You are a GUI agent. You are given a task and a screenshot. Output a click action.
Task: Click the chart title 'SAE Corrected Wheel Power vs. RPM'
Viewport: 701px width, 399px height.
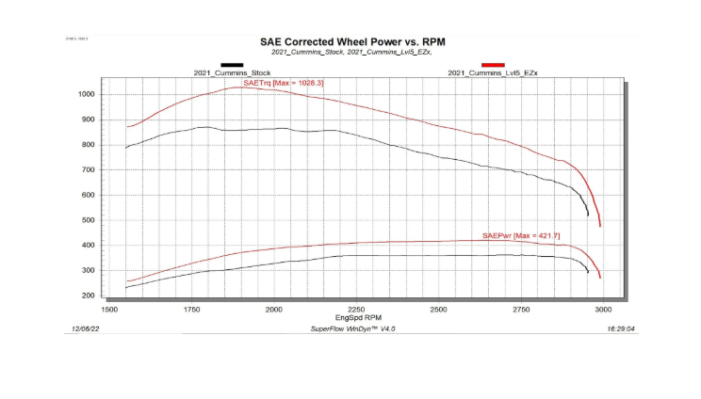point(352,41)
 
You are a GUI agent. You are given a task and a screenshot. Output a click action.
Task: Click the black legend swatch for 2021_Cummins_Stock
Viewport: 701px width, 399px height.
point(232,64)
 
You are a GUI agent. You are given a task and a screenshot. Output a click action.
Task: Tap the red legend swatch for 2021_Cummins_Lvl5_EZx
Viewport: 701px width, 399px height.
point(493,64)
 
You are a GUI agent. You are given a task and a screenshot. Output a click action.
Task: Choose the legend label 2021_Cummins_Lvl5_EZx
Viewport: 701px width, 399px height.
point(493,72)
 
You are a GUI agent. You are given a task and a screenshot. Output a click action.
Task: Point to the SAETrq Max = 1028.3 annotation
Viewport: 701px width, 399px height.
point(283,84)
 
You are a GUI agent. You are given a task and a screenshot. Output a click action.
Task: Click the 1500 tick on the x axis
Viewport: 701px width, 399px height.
point(109,309)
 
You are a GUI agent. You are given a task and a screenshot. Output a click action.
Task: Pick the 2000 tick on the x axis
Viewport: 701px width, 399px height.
point(274,309)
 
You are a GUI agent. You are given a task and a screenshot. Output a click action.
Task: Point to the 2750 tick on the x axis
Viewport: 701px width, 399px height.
point(521,309)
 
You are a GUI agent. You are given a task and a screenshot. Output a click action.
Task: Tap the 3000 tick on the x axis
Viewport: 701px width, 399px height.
point(603,309)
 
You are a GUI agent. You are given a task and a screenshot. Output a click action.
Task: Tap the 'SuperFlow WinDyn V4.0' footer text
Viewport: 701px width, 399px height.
point(353,330)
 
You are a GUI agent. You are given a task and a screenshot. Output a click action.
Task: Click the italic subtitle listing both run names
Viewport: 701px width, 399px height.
point(352,53)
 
